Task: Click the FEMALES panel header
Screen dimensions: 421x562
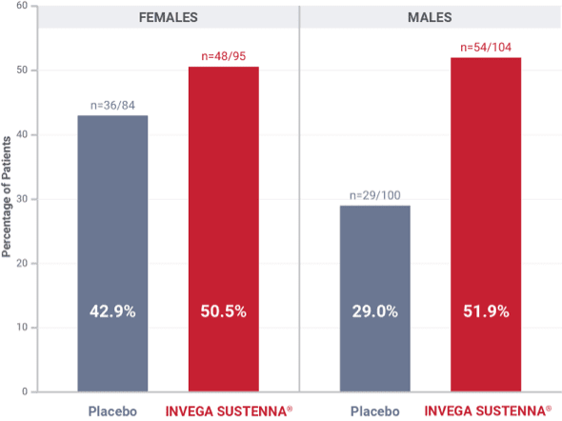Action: (x=168, y=17)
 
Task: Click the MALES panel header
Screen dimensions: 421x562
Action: (x=431, y=17)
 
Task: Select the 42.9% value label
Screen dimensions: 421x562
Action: (x=112, y=311)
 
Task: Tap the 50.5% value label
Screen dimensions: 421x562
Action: (x=223, y=311)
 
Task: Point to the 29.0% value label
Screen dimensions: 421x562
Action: (x=375, y=311)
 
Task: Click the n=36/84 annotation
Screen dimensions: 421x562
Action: (x=112, y=106)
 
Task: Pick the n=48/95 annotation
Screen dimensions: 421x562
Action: (x=223, y=56)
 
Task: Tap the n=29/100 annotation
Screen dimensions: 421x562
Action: (x=375, y=195)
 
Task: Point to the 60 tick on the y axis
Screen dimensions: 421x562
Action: (x=21, y=7)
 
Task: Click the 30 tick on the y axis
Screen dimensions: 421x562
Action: (x=21, y=199)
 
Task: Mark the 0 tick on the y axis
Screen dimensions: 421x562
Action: (x=24, y=391)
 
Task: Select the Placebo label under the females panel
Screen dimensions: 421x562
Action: (x=112, y=411)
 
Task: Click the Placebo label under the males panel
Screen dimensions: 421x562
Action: (x=375, y=411)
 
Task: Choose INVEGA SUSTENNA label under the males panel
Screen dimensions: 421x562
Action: (x=486, y=411)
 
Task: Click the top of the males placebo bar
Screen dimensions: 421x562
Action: (x=375, y=207)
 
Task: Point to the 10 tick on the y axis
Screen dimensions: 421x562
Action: (x=21, y=328)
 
